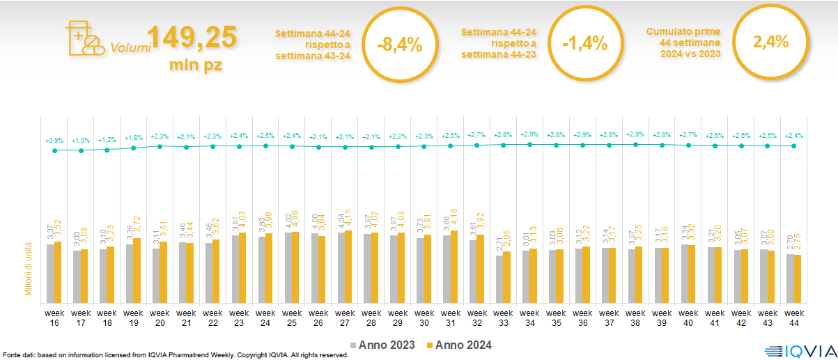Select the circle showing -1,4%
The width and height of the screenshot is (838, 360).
pos(585,45)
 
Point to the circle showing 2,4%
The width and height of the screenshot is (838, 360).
pos(770,42)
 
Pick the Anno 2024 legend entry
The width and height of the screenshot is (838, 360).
pos(460,345)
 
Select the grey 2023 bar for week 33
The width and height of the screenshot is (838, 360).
pos(499,278)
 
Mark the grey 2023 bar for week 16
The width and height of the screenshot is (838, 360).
pos(50,272)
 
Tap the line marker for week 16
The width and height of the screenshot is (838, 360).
pos(54,150)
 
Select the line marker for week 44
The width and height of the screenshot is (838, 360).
pos(793,146)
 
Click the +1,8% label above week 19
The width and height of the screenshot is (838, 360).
pos(134,138)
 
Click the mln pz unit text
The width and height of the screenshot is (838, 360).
pos(195,66)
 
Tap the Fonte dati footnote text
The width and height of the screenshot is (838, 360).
pos(174,355)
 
